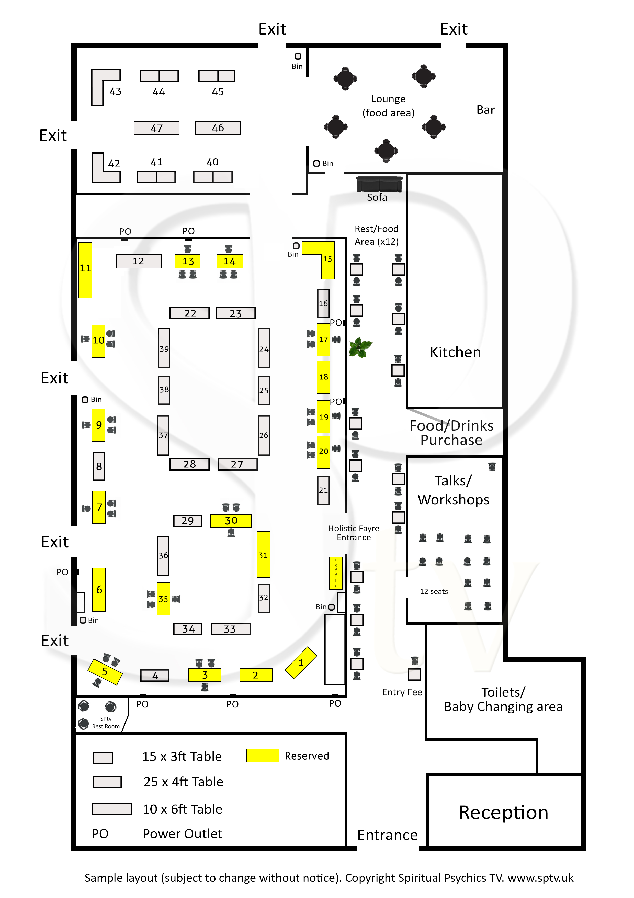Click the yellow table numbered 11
coord(85,270)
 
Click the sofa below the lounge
coord(379,185)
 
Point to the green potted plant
coord(360,347)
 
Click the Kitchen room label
coord(455,352)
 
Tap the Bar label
coord(485,110)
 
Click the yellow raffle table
coord(336,573)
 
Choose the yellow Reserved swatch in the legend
coord(263,755)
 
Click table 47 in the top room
coord(157,128)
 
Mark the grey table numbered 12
coord(138,261)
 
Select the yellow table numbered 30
coord(231,521)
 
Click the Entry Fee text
coord(402,692)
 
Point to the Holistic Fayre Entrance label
coord(354,533)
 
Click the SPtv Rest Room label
coord(106,722)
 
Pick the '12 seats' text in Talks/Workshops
coord(434,591)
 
